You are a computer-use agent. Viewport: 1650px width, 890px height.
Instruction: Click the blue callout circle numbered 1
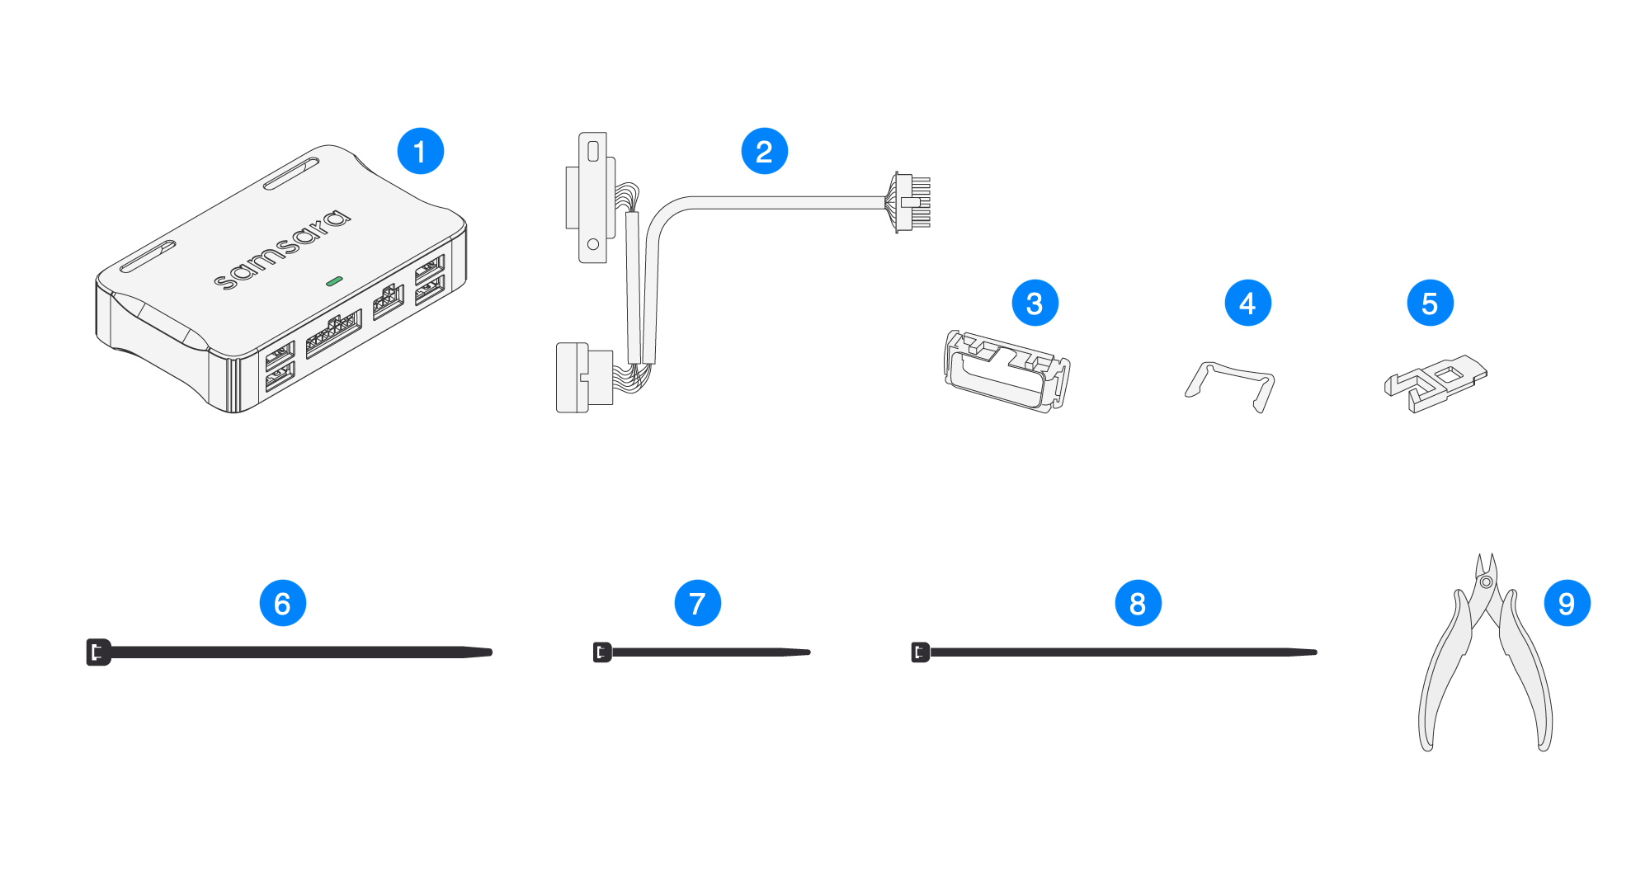tap(421, 151)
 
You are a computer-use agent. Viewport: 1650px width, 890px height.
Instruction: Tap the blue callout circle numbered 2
tap(764, 151)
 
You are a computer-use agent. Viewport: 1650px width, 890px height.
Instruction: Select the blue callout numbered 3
tap(1035, 303)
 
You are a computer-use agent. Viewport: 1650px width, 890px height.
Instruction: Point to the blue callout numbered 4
tap(1247, 303)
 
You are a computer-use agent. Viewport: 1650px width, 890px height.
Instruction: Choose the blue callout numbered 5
tap(1430, 303)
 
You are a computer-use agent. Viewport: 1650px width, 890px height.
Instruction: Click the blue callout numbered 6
tap(282, 603)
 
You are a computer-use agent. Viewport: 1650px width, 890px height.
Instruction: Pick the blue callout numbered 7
tap(697, 603)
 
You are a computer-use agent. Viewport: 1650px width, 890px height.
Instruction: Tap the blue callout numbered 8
tap(1138, 603)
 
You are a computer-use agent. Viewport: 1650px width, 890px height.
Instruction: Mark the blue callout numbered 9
tap(1567, 603)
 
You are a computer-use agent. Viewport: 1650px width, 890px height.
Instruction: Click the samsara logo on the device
tap(282, 250)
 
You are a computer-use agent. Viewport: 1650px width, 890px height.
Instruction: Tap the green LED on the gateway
tap(333, 281)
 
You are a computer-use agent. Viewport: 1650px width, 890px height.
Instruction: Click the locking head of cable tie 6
tap(98, 652)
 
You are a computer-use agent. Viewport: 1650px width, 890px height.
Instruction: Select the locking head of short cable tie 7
tap(602, 652)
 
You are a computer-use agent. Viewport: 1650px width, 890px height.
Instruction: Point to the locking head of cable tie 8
tap(920, 652)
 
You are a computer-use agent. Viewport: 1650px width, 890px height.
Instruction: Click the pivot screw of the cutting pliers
tap(1486, 582)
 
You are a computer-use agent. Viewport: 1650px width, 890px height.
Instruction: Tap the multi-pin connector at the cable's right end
tap(912, 202)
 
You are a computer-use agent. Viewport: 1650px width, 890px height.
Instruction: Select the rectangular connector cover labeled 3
tap(1006, 372)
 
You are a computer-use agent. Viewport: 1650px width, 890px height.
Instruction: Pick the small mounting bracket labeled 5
tap(1435, 382)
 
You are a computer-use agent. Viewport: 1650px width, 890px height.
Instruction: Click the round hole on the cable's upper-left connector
tap(592, 245)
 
